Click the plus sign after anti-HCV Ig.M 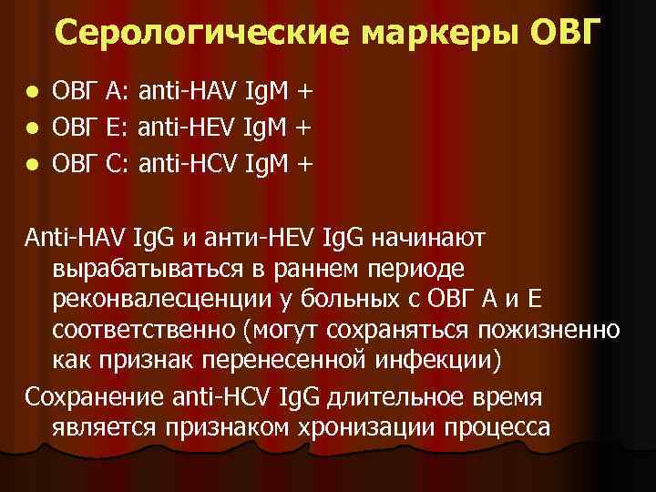304,165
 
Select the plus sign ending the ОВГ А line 304,92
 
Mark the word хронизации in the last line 347,425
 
